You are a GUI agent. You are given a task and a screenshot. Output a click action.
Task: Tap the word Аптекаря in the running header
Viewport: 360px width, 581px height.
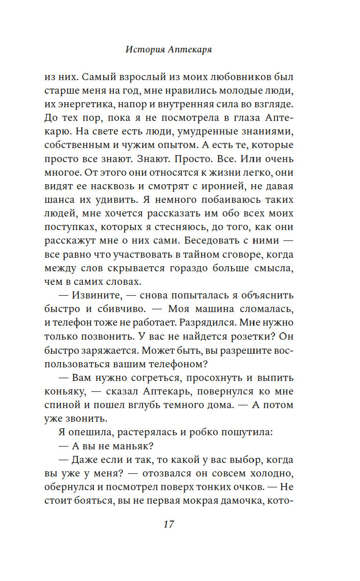pos(190,50)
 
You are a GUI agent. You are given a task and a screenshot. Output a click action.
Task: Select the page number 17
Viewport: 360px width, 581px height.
pos(169,524)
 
